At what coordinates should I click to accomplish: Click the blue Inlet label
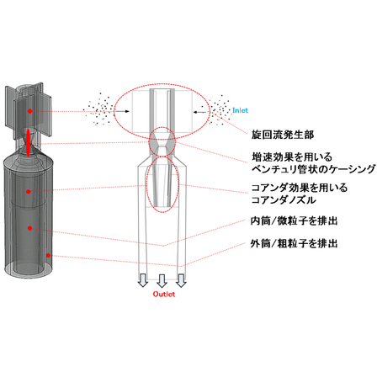240,110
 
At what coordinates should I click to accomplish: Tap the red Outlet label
164,294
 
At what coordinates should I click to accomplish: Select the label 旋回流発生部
283,135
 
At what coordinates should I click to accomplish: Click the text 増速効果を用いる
292,157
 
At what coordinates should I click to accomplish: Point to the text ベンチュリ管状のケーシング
313,169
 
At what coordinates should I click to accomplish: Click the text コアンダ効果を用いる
300,188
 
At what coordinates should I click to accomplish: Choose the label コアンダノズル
284,200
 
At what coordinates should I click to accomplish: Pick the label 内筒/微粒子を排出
294,221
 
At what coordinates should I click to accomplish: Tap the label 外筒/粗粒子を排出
294,243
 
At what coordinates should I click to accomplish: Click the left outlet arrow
143,280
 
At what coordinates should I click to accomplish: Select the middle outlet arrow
162,281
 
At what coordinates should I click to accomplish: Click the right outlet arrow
181,280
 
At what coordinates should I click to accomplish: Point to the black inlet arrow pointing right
121,111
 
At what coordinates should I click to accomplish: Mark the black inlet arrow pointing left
200,112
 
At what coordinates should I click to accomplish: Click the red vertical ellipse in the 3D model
28,142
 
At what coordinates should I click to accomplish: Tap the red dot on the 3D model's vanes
29,111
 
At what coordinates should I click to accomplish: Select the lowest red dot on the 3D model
48,255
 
